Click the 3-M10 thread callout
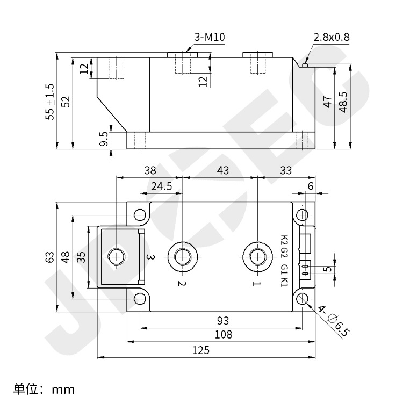pyautogui.click(x=210, y=38)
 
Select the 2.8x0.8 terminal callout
pyautogui.click(x=332, y=38)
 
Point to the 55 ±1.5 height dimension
pyautogui.click(x=50, y=102)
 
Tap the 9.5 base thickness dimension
pyautogui.click(x=104, y=139)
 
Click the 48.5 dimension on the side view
pyautogui.click(x=344, y=102)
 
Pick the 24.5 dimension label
pyautogui.click(x=161, y=186)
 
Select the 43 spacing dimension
pyautogui.click(x=222, y=170)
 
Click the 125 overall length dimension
pyautogui.click(x=201, y=350)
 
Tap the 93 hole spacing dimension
pyautogui.click(x=222, y=321)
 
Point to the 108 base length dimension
pyautogui.click(x=224, y=334)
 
